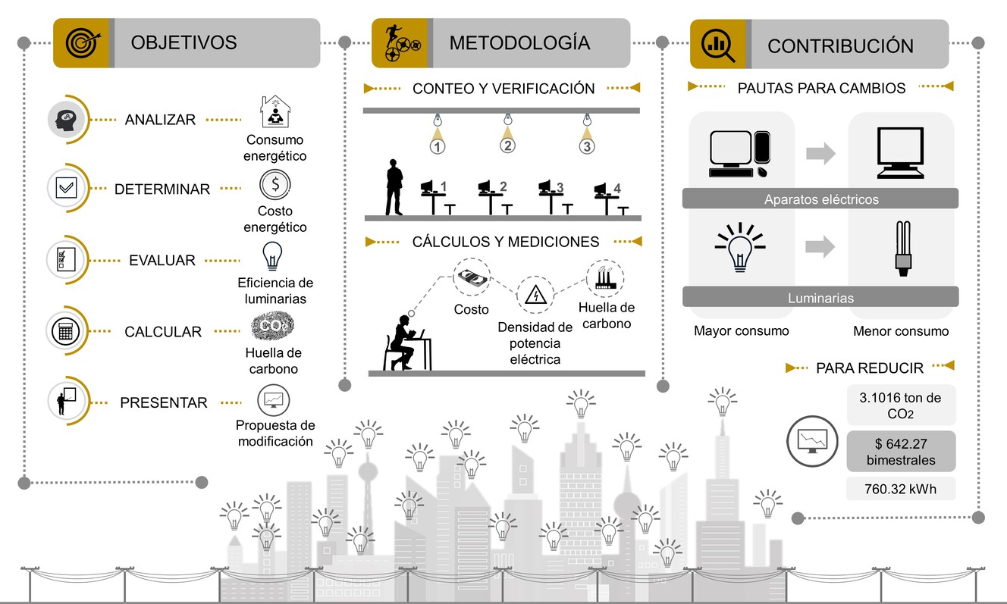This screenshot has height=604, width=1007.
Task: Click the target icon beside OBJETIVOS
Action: coord(83,42)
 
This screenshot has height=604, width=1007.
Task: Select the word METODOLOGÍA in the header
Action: coord(519,42)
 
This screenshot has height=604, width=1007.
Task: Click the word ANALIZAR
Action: coord(160,120)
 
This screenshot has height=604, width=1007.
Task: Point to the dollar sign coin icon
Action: coord(274,184)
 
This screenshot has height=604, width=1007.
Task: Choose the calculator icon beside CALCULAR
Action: coord(66,331)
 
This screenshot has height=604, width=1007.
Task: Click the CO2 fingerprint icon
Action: coord(273,325)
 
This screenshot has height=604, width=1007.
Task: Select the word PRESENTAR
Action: coord(164,402)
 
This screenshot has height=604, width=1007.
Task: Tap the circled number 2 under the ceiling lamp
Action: coord(507,146)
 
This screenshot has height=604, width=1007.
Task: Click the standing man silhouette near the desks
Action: coord(394,187)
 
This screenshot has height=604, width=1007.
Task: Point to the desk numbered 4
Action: coord(610,199)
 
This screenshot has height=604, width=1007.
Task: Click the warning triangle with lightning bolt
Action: coord(535,296)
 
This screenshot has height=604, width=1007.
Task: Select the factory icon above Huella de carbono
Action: coord(605,277)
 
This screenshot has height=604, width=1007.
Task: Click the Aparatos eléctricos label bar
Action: coord(820,199)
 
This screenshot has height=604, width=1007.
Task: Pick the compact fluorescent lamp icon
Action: coord(902,249)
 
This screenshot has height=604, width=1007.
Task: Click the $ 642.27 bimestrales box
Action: coord(901,452)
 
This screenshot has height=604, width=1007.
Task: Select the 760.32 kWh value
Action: coord(900,489)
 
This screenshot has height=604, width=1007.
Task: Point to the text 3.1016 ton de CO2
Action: coord(900,405)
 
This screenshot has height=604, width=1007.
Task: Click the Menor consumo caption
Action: coord(901,331)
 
